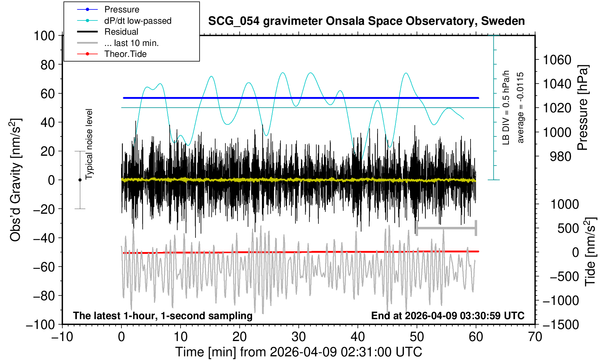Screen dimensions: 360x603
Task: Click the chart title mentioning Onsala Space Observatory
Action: (366, 21)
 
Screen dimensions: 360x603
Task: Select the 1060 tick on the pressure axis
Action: (557, 59)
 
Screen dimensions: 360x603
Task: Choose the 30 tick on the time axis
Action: (298, 336)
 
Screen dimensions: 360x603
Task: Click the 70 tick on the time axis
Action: (535, 336)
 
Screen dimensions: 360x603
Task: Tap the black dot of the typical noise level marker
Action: (80, 180)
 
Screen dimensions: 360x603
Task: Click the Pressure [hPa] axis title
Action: (583, 108)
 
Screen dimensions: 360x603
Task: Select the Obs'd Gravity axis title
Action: (16, 180)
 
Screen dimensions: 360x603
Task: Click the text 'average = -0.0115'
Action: (521, 108)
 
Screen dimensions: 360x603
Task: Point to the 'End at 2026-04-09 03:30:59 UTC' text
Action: (448, 316)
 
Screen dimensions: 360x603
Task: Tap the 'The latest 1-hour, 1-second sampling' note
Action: (163, 316)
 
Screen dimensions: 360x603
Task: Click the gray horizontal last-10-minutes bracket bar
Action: (446, 228)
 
